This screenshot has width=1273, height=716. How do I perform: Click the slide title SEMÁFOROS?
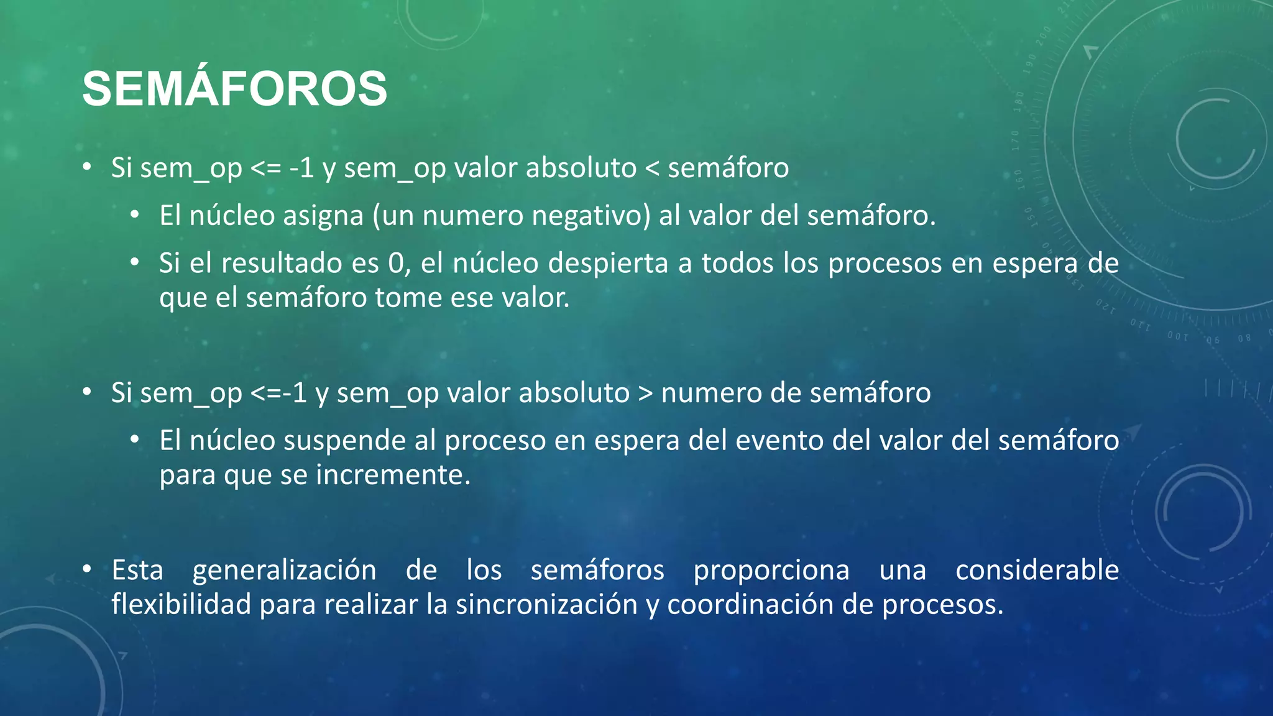(x=234, y=89)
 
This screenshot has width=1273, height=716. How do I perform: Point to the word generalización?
(x=284, y=571)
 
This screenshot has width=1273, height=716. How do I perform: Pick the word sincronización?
(x=546, y=604)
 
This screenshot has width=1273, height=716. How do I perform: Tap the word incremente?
(x=392, y=475)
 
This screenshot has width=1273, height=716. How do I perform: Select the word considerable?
(x=1037, y=571)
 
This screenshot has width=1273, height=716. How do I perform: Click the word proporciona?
(x=771, y=571)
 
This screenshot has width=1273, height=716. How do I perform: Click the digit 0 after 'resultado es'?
(x=396, y=264)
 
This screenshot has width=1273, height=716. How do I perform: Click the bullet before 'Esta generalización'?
(x=88, y=569)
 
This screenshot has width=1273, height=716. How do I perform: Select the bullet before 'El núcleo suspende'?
(x=135, y=439)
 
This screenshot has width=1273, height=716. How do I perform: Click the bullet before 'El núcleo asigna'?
(x=135, y=215)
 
